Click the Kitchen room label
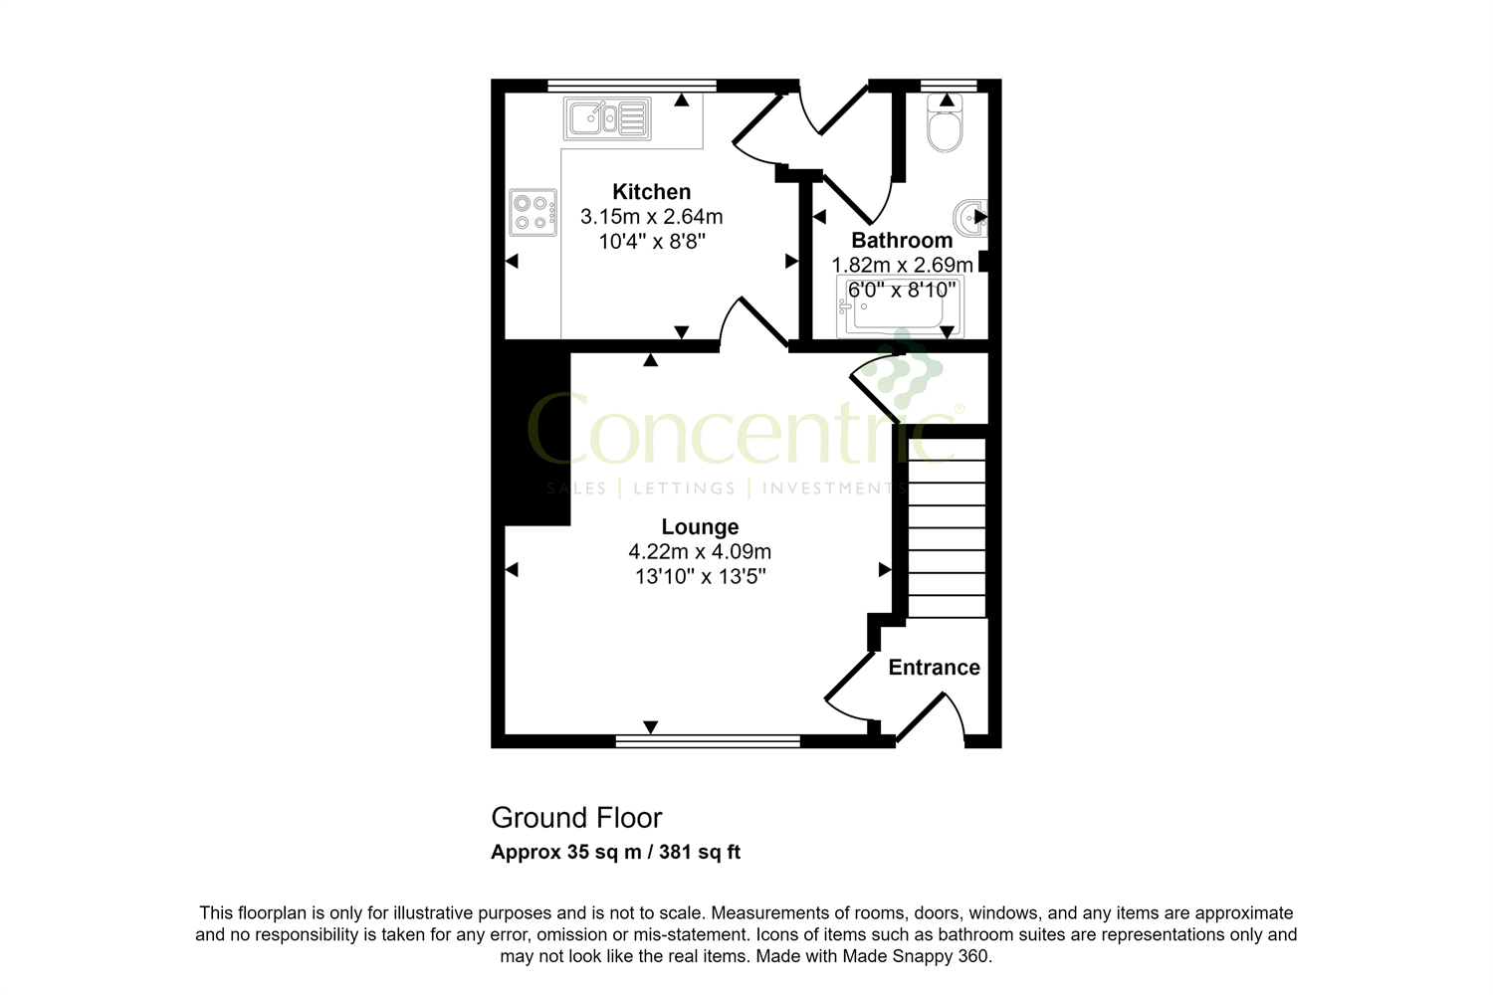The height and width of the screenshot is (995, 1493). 651,192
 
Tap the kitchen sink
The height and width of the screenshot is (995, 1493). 607,118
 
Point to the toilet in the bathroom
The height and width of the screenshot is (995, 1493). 945,128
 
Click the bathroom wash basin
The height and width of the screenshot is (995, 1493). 970,217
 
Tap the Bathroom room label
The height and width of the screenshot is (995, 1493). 902,241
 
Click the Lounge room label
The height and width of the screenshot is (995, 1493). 700,527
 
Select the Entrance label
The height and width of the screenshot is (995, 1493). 934,668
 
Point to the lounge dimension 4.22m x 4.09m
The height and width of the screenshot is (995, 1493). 700,552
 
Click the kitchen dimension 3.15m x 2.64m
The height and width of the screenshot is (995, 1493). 651,217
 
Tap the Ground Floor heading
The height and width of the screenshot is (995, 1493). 576,818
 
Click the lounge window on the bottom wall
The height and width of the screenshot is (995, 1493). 708,740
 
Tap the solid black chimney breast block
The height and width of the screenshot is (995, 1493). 537,434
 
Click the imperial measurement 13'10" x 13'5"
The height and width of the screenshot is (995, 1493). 700,577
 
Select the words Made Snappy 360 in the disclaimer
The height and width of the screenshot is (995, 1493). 916,957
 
